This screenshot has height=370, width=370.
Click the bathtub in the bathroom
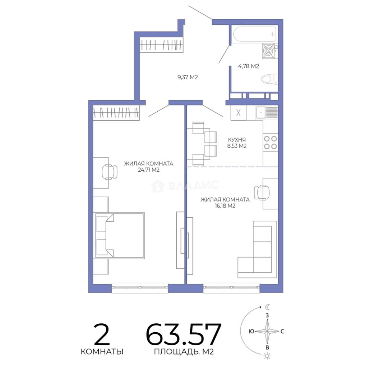(x=254, y=34)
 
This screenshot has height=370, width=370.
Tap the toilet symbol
(x=269, y=79)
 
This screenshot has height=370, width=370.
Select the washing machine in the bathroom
(x=270, y=51)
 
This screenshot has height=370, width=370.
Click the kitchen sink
(x=267, y=113)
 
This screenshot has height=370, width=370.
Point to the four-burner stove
(x=270, y=143)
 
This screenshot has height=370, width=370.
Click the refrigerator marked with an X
(x=238, y=113)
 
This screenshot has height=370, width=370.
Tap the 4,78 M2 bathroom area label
(x=248, y=66)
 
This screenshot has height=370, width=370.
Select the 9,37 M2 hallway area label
(x=188, y=77)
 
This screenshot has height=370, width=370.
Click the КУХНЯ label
(x=237, y=140)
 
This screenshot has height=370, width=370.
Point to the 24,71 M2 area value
(x=149, y=170)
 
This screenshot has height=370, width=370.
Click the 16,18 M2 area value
(x=225, y=206)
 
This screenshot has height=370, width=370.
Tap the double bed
(x=120, y=235)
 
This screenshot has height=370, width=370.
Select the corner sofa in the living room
(x=257, y=249)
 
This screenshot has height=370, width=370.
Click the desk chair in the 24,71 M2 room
(x=110, y=172)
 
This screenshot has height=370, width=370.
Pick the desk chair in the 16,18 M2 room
(x=262, y=193)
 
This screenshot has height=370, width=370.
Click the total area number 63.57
(x=184, y=334)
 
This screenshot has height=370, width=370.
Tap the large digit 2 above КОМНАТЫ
(x=102, y=334)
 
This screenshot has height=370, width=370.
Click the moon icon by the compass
(x=267, y=307)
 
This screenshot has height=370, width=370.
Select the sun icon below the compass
(x=267, y=356)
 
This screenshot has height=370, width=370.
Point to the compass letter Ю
(x=251, y=331)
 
